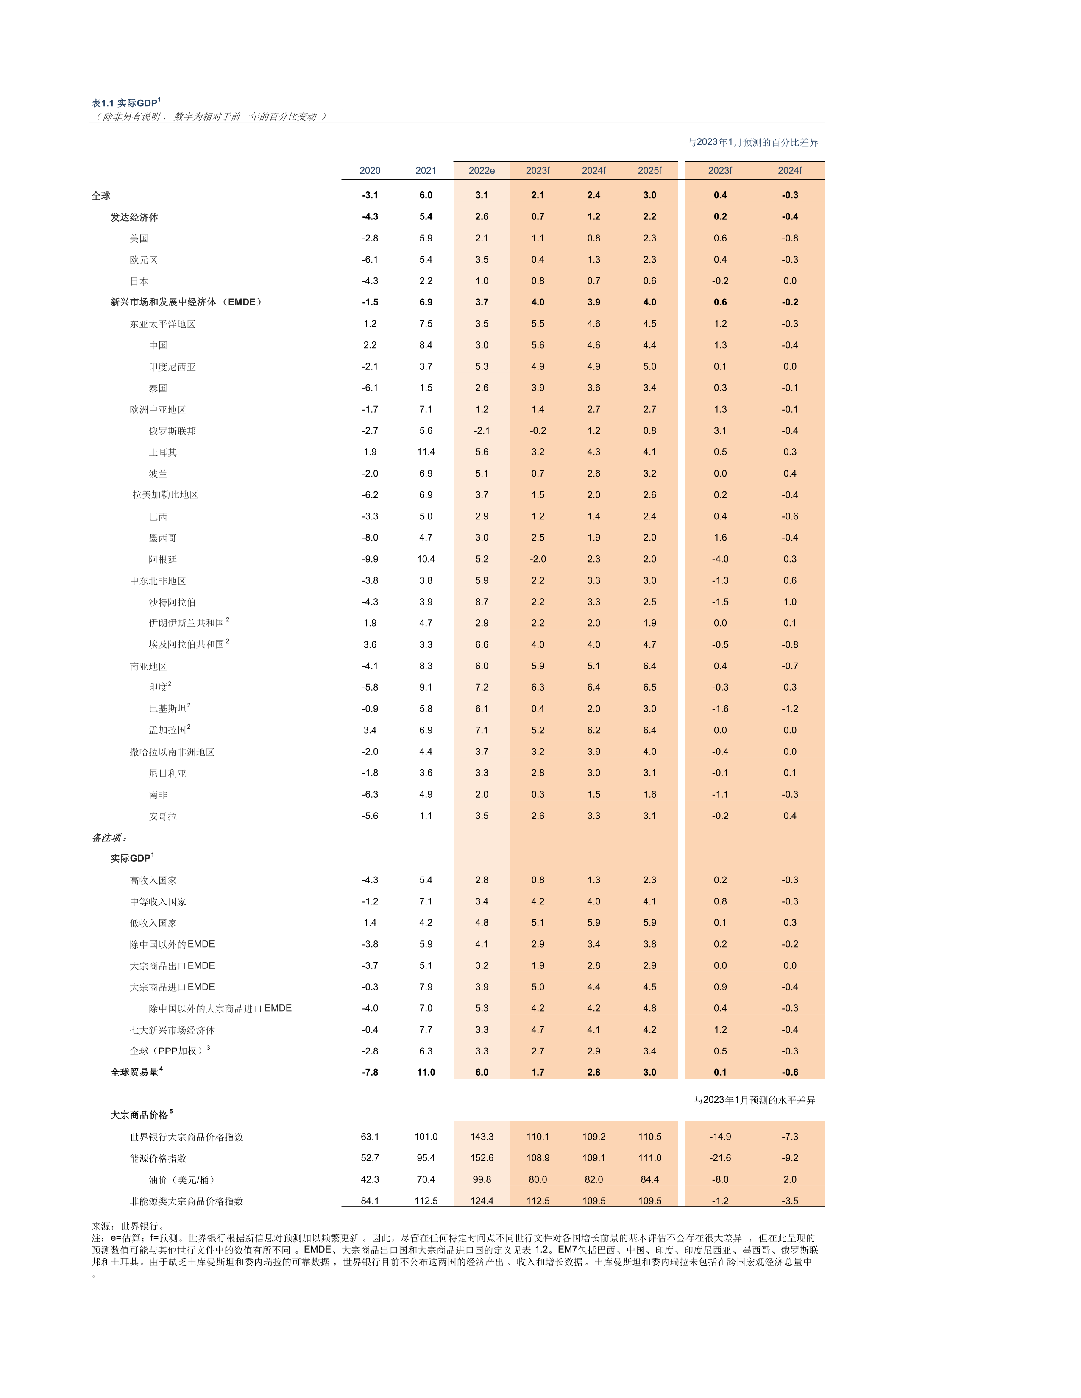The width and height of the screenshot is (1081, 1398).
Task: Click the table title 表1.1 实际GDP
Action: [125, 103]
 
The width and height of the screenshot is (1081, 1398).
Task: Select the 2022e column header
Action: [482, 170]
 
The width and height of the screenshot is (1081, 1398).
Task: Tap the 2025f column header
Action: [649, 170]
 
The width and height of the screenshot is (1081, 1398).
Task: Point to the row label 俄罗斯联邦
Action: [172, 431]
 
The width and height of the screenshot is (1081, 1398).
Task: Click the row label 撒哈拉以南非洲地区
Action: [172, 752]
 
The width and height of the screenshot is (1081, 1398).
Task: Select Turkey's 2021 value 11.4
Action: [426, 452]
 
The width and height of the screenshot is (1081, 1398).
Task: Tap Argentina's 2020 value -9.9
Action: [370, 559]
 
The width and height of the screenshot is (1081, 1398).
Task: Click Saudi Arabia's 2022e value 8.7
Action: [482, 602]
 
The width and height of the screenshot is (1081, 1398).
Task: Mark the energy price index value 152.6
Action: [482, 1158]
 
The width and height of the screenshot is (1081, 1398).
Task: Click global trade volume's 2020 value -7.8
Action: [370, 1072]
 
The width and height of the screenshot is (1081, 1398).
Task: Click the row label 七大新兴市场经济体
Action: [172, 1030]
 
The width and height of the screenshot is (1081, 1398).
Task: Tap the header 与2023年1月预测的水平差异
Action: [755, 1100]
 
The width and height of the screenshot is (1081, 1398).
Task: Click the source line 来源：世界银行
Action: [128, 1226]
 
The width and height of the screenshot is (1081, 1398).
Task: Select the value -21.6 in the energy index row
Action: [720, 1158]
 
